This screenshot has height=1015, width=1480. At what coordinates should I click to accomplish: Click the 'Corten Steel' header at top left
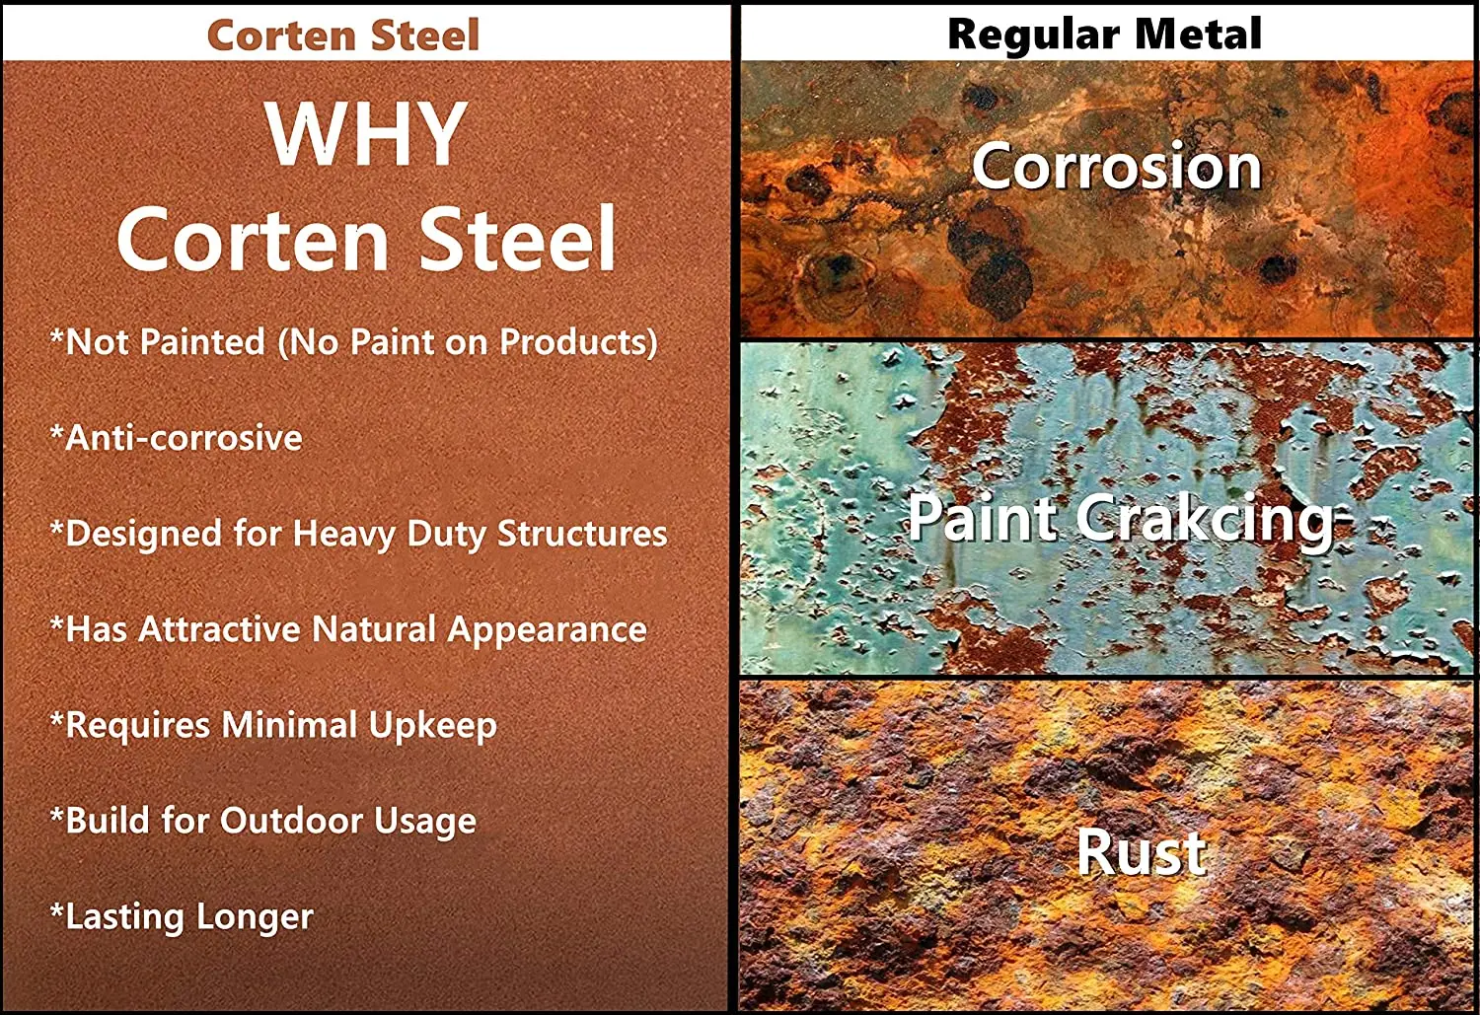(x=343, y=35)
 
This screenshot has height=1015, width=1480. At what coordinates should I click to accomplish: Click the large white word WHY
(x=367, y=133)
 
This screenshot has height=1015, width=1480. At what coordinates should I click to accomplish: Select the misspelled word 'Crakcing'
(x=1206, y=519)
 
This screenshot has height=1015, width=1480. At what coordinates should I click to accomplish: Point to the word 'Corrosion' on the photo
(x=1117, y=167)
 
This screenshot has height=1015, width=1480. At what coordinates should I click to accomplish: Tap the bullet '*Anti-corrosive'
(x=177, y=438)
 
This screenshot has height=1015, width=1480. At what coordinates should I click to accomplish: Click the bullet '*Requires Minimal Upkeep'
(x=273, y=726)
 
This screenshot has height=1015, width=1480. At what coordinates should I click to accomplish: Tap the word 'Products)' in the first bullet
(x=577, y=343)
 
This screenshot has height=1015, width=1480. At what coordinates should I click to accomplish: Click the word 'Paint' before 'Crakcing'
(x=985, y=518)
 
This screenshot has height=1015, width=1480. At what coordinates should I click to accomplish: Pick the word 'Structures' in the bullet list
(x=582, y=534)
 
